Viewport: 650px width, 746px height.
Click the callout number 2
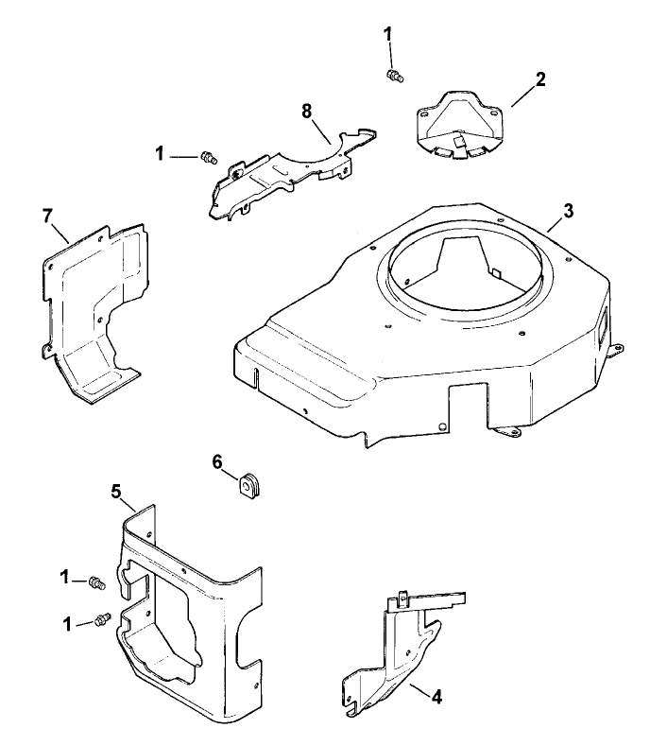(x=540, y=78)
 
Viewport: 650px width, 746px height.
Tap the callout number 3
(x=568, y=211)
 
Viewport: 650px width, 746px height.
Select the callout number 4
(x=436, y=698)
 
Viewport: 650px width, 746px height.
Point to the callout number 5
(x=116, y=491)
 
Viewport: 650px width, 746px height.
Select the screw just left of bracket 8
(x=210, y=158)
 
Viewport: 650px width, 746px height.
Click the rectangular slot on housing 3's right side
(x=600, y=326)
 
